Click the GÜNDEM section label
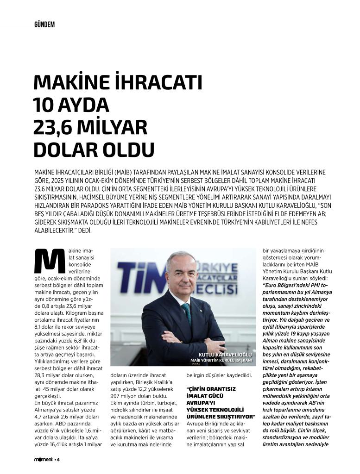click(44, 25)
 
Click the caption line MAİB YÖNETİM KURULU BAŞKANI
click(221, 360)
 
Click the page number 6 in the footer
click(59, 460)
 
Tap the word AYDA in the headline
click(83, 105)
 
